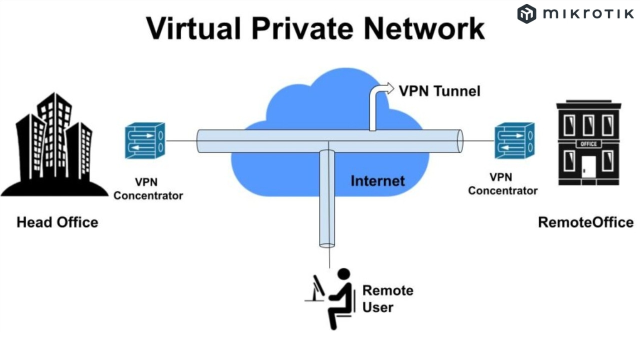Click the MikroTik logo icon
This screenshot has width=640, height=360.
[x=526, y=13]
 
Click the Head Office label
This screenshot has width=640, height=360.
[x=57, y=222]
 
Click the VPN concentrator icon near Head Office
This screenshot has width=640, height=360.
[x=144, y=141]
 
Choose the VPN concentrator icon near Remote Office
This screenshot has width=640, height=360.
[x=514, y=141]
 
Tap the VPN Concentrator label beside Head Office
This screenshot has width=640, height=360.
[x=148, y=188]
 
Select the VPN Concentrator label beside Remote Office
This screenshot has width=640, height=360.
[x=503, y=184]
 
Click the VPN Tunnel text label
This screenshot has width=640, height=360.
[x=439, y=91]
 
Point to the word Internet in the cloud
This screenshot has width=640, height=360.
[x=377, y=180]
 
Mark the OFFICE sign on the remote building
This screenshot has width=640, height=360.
[x=588, y=144]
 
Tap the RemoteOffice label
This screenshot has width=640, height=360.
[x=585, y=222]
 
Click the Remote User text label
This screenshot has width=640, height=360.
[x=387, y=298]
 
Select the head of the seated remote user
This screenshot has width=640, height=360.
[x=344, y=275]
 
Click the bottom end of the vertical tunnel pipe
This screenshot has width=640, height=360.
[x=327, y=245]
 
